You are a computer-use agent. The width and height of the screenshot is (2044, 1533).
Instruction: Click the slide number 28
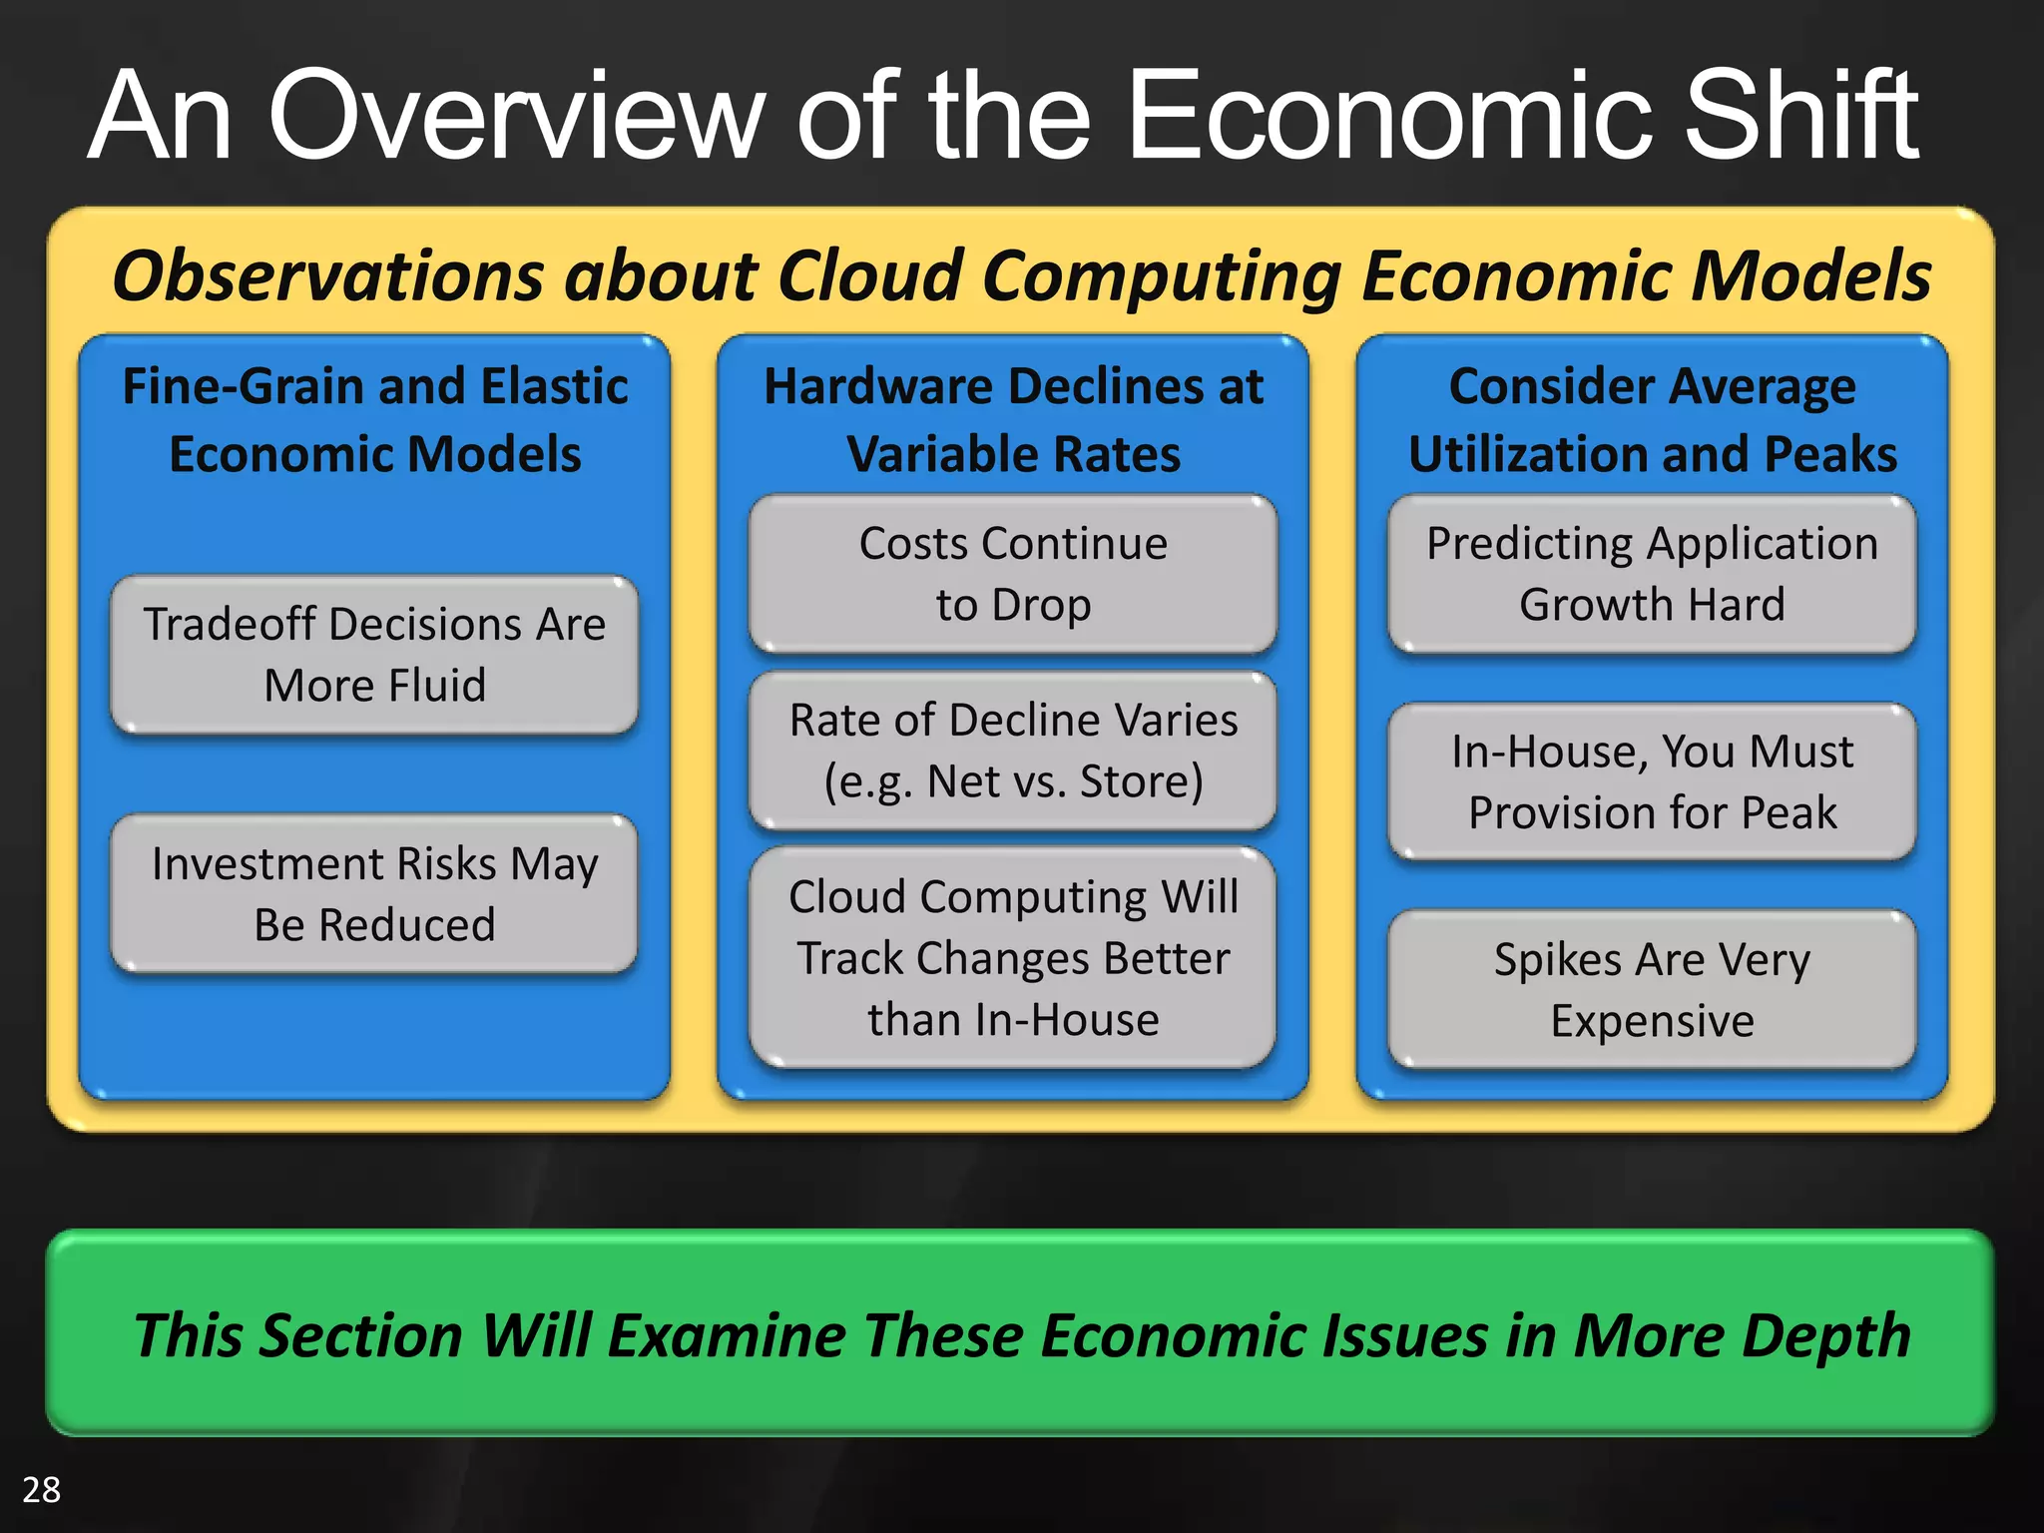pyautogui.click(x=41, y=1489)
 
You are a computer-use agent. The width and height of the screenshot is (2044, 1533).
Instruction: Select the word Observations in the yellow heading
pyautogui.click(x=327, y=275)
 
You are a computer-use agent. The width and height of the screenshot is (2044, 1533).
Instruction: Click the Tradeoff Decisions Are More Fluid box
pyautogui.click(x=374, y=655)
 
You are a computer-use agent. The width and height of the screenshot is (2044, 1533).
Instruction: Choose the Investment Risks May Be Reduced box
pyautogui.click(x=374, y=893)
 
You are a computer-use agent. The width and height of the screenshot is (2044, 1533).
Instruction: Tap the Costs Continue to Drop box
pyautogui.click(x=1013, y=574)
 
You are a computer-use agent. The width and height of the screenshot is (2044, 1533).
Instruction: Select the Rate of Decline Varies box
pyautogui.click(x=1013, y=750)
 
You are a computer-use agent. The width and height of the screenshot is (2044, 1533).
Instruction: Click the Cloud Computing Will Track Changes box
pyautogui.click(x=1013, y=957)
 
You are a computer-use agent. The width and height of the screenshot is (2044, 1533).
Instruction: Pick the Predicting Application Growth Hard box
pyautogui.click(x=1652, y=574)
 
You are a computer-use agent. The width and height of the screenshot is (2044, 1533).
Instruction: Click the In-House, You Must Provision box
pyautogui.click(x=1652, y=781)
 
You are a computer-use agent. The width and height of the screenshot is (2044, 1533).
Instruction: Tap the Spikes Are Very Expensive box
pyautogui.click(x=1652, y=989)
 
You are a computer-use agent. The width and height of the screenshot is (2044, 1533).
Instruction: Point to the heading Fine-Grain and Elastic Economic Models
pyautogui.click(x=374, y=419)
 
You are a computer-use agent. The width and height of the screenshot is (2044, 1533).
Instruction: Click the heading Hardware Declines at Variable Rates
pyautogui.click(x=1013, y=419)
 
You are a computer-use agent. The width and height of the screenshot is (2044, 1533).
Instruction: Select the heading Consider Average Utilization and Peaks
pyautogui.click(x=1652, y=419)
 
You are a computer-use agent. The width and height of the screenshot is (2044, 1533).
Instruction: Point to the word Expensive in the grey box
pyautogui.click(x=1652, y=1021)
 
